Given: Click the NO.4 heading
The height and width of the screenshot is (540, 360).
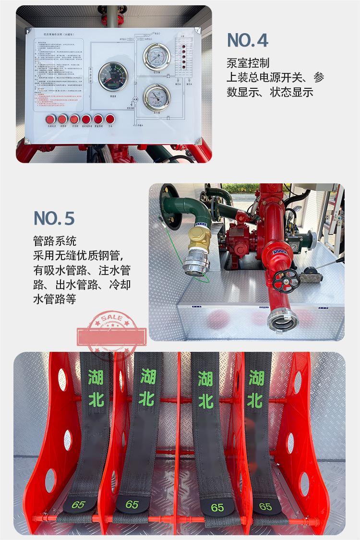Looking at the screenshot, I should point(247,40).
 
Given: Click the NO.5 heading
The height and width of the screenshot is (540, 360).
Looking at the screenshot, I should point(54,218).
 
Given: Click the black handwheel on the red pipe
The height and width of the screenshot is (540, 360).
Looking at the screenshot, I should point(286,281).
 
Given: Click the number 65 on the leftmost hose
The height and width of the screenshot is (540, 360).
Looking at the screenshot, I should point(78,504).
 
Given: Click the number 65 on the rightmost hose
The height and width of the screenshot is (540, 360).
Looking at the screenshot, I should point(265,506).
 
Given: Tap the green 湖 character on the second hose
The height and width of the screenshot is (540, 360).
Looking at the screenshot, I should point(148,377).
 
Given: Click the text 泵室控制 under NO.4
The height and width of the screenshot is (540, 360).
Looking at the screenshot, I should point(248,63).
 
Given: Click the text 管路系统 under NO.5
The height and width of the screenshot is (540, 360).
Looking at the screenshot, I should point(55,241).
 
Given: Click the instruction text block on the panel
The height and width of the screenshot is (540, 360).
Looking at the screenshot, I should point(60,72).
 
